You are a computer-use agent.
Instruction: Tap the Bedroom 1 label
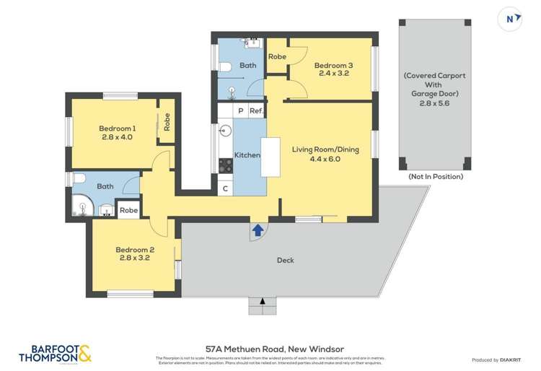118,128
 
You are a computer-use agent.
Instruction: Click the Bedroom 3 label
333,66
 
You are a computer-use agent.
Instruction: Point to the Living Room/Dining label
325,150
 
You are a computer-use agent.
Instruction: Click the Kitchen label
247,155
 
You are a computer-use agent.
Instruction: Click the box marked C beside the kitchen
226,189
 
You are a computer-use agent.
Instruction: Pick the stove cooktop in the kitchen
225,165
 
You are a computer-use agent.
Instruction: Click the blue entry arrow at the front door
258,231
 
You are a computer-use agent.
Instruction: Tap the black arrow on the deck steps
263,300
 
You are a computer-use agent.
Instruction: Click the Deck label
285,260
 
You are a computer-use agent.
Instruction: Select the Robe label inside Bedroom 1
167,123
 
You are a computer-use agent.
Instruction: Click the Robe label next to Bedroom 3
277,56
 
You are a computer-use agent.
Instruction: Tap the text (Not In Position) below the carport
435,177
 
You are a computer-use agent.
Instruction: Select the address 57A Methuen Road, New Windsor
270,349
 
